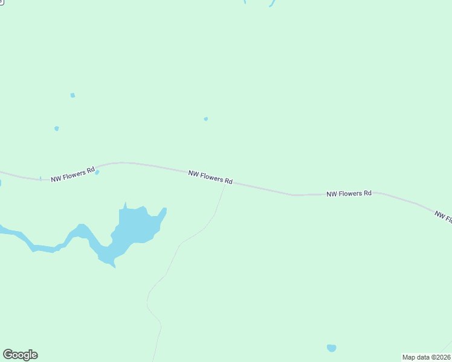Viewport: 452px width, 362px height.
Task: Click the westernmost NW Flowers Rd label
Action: pos(73,175)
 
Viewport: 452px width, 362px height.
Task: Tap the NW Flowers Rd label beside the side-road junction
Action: pos(210,177)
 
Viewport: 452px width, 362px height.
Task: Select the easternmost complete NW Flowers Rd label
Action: pos(349,194)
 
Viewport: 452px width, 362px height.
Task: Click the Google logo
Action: pos(20,355)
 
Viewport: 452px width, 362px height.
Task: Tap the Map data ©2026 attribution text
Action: pos(426,357)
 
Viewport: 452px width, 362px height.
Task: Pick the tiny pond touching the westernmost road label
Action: pos(97,172)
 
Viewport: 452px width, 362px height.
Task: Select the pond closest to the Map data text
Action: pos(331,348)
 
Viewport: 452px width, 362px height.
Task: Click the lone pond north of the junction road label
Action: pos(206,119)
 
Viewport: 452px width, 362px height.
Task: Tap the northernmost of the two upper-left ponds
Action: pos(73,95)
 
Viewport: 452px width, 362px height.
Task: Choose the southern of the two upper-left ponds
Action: pos(57,129)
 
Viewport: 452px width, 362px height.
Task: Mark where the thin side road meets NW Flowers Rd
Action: pos(226,183)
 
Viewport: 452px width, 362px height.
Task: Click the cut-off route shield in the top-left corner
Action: pos(2,2)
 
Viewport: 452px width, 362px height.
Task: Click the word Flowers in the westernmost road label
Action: pos(75,175)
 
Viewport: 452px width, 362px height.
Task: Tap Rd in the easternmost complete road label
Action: pos(367,194)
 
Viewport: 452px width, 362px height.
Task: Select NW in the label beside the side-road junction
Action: pos(193,173)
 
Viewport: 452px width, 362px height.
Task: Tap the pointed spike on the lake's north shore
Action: pos(126,205)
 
